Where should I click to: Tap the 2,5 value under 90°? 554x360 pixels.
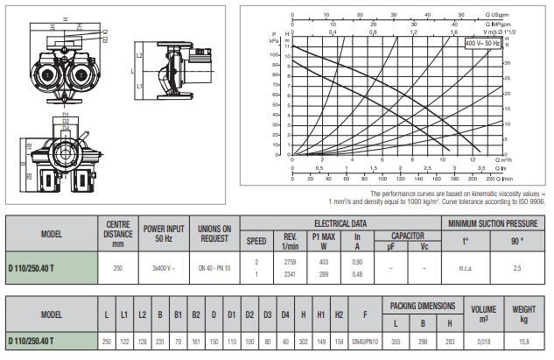click(x=519, y=267)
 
